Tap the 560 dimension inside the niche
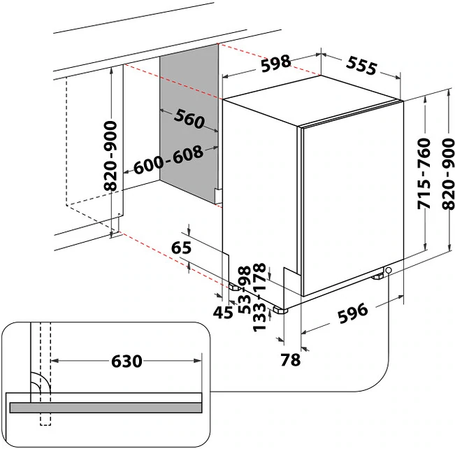tap(189, 120)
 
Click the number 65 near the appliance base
tap(181, 248)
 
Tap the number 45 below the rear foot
tap(223, 313)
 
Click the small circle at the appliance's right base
tap(389, 271)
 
